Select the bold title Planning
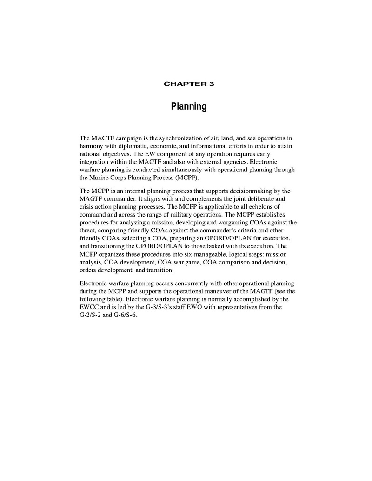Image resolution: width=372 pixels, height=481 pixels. point(188,107)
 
